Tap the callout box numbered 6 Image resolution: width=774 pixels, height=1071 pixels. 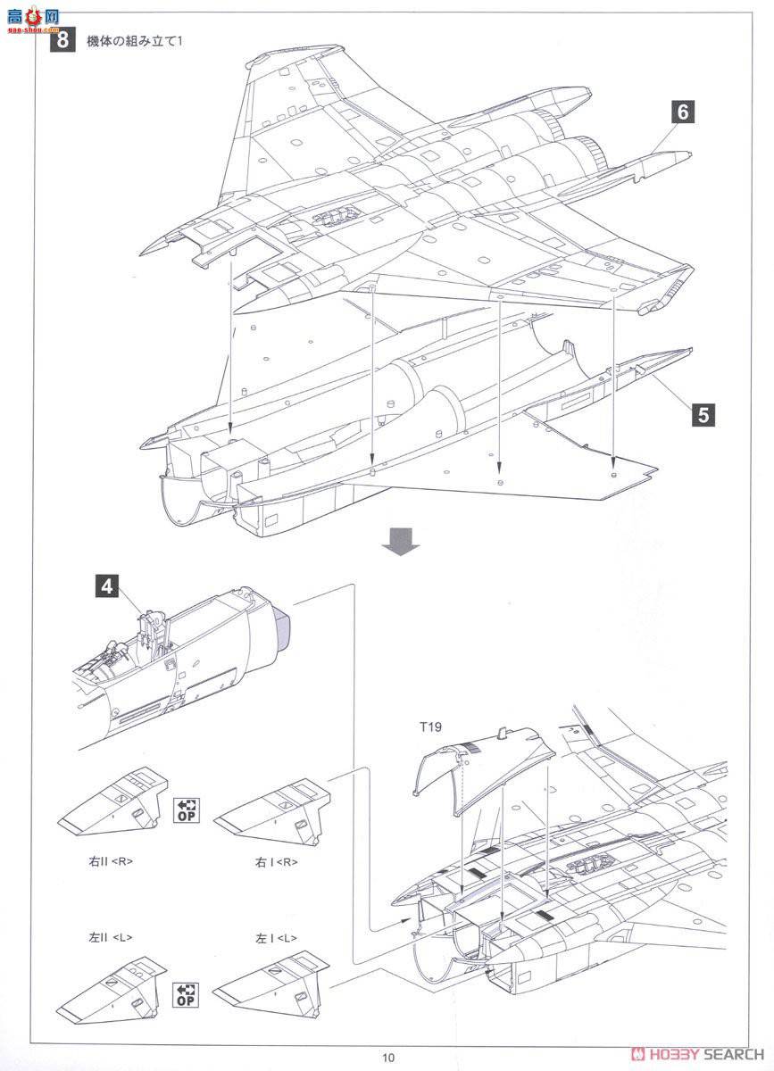tap(683, 112)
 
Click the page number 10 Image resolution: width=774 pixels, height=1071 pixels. tap(387, 1058)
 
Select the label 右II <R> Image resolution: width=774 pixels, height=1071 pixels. tap(102, 862)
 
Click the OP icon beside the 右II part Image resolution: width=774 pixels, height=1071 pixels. tap(185, 809)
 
